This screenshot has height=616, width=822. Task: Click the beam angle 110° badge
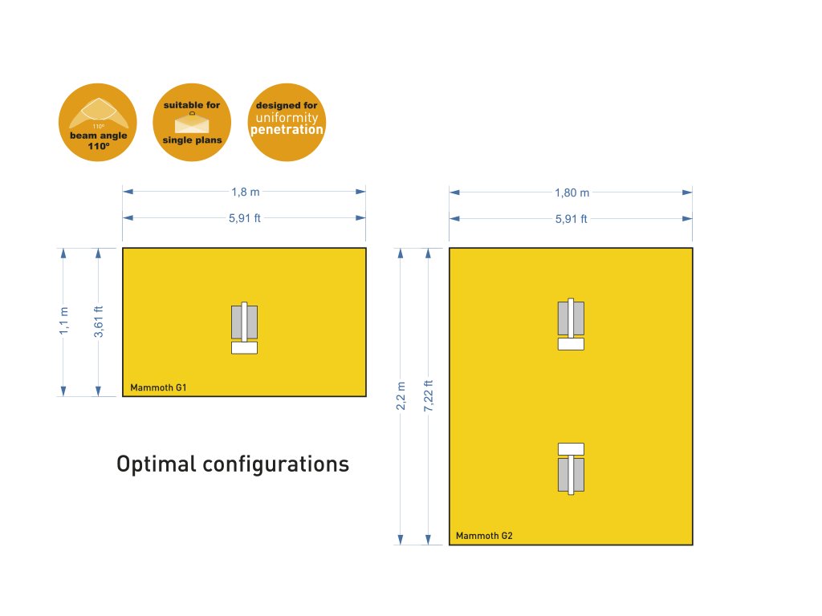pyautogui.click(x=97, y=122)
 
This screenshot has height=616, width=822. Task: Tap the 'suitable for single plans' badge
pyautogui.click(x=192, y=122)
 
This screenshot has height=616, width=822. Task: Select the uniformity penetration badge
pyautogui.click(x=287, y=122)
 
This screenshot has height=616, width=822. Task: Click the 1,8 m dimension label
pyautogui.click(x=245, y=192)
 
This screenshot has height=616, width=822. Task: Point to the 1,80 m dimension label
pyautogui.click(x=572, y=192)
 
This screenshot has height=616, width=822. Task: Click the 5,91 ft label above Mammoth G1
pyautogui.click(x=245, y=218)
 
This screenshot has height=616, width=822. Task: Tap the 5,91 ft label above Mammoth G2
pyautogui.click(x=572, y=218)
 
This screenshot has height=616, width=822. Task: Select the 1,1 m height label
pyautogui.click(x=65, y=322)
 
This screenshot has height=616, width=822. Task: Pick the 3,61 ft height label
pyautogui.click(x=99, y=322)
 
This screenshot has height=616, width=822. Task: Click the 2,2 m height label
pyautogui.click(x=401, y=396)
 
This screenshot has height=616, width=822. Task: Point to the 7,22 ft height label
pyautogui.click(x=429, y=396)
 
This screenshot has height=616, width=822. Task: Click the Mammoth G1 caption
pyautogui.click(x=159, y=388)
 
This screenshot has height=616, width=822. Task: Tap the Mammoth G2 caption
pyautogui.click(x=485, y=535)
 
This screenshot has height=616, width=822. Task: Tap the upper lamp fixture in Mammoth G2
pyautogui.click(x=571, y=319)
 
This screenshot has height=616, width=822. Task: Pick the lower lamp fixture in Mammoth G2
pyautogui.click(x=571, y=474)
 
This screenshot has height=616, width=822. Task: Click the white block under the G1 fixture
pyautogui.click(x=244, y=348)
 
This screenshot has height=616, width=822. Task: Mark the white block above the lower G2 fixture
pyautogui.click(x=571, y=448)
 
